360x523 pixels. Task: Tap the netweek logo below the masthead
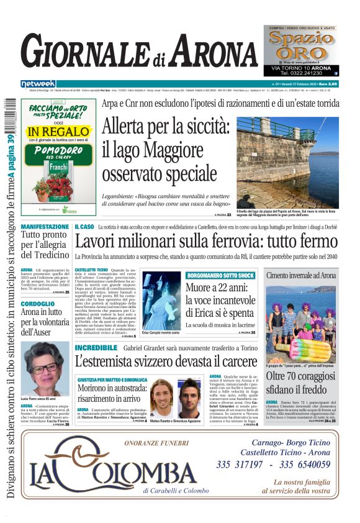pos(38,84)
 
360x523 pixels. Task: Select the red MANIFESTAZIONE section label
pos(45,227)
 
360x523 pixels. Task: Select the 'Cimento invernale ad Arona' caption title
pos(301,275)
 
